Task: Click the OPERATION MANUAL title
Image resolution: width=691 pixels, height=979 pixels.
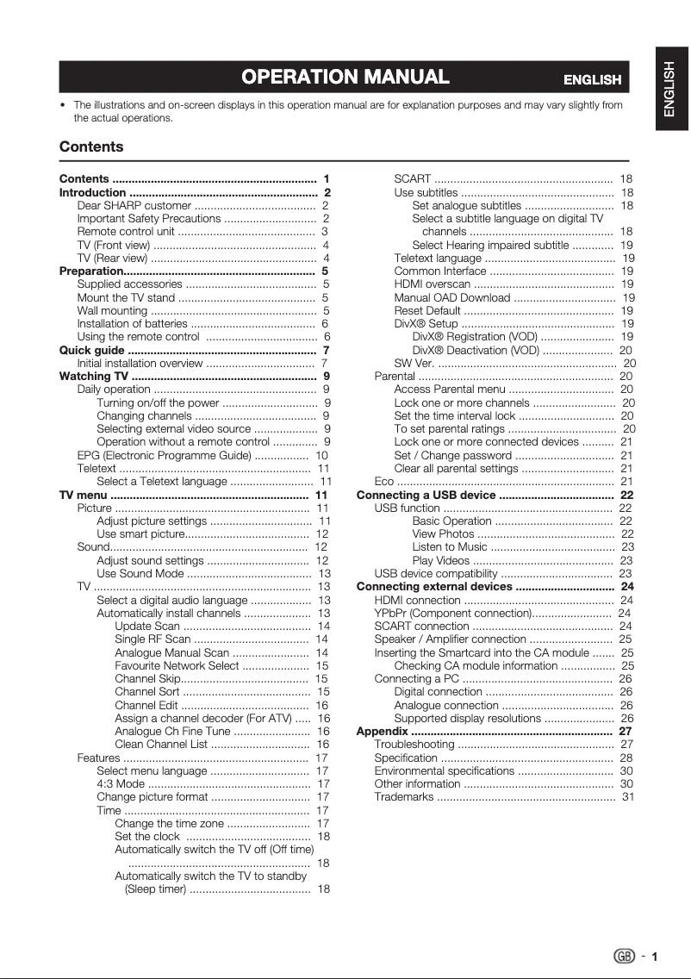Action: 345,78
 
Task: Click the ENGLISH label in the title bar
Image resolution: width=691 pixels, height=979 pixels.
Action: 592,80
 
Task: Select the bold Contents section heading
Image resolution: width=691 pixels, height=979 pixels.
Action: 91,147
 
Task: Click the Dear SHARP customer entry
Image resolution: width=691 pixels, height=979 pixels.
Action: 134,207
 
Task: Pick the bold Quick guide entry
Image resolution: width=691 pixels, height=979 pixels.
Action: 92,351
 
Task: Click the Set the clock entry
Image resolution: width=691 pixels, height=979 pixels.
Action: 147,836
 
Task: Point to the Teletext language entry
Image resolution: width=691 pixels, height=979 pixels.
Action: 438,259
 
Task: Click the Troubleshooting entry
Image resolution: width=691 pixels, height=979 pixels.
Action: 414,744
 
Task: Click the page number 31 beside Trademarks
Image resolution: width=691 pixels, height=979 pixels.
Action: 628,796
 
